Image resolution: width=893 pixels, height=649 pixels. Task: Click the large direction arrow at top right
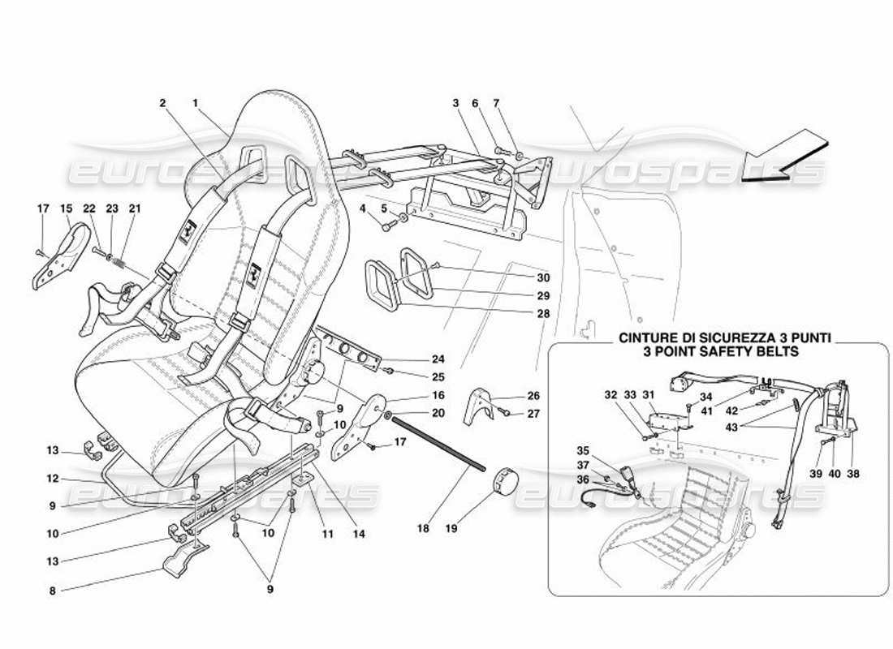(x=783, y=160)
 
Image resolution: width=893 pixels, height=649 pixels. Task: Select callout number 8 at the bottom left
(x=53, y=591)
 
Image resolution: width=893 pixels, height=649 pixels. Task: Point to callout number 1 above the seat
(x=196, y=103)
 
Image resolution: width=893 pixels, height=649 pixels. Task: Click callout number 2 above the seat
(x=162, y=103)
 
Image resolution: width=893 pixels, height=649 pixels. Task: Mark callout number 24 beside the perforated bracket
(x=438, y=359)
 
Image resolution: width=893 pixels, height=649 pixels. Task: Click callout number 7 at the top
(x=520, y=103)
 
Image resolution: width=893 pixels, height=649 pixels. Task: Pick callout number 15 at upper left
(x=65, y=208)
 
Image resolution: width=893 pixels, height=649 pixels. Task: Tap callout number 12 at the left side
(x=53, y=479)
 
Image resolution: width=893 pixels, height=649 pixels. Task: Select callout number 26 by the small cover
(x=532, y=396)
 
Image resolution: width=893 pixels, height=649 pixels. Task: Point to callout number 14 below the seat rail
(x=359, y=534)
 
